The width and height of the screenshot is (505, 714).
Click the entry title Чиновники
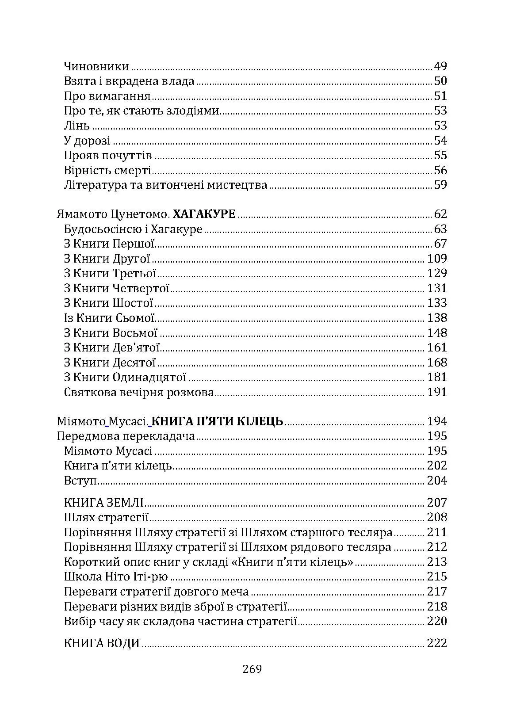(96, 67)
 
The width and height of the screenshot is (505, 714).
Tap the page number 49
(440, 67)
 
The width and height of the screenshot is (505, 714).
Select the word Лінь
(77, 126)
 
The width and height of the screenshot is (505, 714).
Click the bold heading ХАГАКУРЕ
(204, 215)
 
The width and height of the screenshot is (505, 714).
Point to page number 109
(437, 259)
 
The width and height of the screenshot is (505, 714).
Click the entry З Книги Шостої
(108, 303)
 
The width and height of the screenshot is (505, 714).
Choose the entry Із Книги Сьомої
(109, 318)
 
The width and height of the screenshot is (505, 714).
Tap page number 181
(437, 378)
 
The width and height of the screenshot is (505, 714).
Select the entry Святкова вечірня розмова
(139, 393)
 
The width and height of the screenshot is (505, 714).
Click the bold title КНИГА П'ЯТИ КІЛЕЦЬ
(217, 421)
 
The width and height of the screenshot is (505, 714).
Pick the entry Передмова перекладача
(126, 436)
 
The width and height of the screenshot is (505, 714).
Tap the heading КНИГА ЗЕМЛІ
(104, 503)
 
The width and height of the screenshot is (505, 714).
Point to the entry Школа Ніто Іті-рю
(116, 577)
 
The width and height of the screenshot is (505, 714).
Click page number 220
(437, 622)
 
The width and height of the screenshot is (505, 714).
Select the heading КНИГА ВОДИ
(102, 644)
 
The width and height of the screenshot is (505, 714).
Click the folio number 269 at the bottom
(252, 669)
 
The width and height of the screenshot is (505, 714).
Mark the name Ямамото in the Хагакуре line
(82, 215)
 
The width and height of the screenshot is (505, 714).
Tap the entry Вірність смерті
(107, 171)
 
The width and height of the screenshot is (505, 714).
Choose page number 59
(440, 185)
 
